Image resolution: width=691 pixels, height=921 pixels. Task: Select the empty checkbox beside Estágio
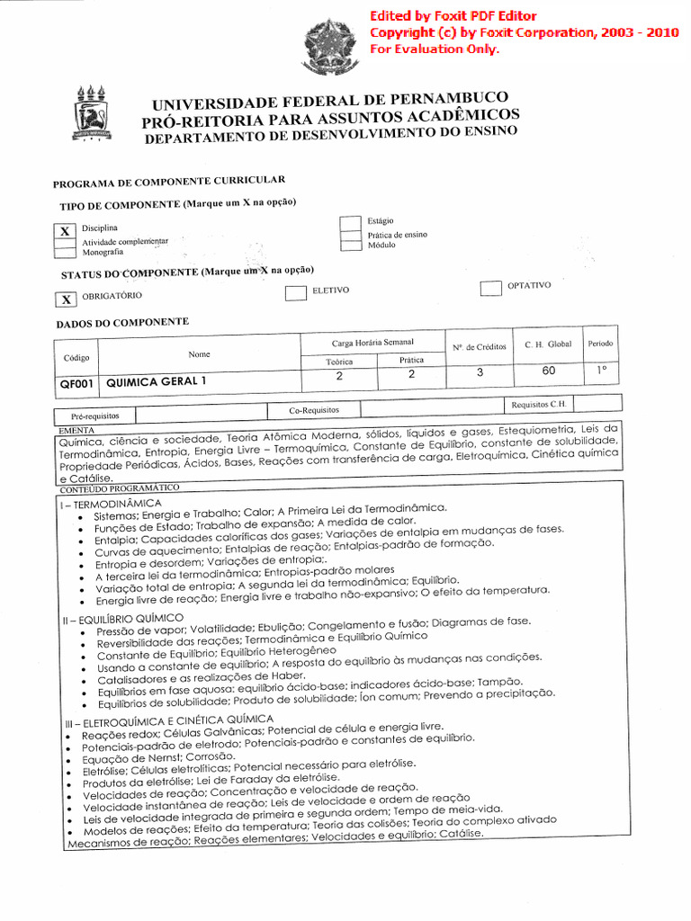350,224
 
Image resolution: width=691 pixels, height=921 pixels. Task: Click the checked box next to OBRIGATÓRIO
66,300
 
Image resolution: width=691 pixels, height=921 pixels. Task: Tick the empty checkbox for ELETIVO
295,293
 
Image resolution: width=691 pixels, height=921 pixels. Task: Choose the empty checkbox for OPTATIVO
490,288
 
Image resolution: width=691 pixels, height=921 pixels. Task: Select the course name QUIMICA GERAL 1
157,381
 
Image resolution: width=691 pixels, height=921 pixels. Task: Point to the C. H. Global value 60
548,371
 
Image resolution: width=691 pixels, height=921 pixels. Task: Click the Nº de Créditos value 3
480,372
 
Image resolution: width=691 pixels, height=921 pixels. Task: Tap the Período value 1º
601,369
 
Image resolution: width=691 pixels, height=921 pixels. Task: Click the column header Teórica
338,362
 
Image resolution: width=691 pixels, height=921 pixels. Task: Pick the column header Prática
411,360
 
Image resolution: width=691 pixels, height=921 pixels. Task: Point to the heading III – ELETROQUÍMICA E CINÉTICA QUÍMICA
168,721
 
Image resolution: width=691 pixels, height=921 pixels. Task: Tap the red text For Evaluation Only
435,49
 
